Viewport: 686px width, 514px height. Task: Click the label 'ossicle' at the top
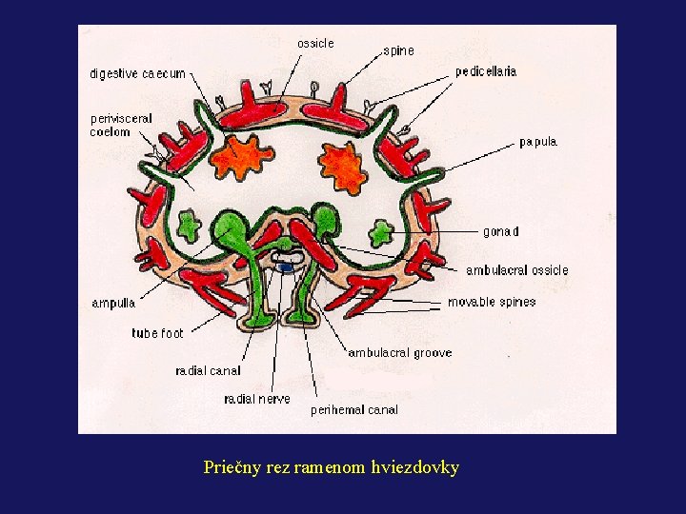pos(315,44)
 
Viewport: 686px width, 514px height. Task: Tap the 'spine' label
pos(398,50)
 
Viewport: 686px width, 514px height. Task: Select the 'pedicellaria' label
pos(486,72)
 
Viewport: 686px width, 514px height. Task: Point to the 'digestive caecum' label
pos(137,73)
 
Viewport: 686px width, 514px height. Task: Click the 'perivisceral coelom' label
pos(121,126)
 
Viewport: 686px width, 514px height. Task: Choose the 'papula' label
pos(538,143)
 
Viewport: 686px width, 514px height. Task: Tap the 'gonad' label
pos(501,231)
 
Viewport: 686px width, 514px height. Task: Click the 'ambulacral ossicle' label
pos(516,270)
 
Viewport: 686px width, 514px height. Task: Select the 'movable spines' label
pos(492,302)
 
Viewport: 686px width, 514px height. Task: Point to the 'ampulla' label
pos(113,304)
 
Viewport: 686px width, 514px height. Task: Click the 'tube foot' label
pos(157,334)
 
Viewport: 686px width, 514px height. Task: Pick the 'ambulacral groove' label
pos(400,353)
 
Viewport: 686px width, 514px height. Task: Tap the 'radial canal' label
pos(208,370)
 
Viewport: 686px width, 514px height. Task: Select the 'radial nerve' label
pos(257,399)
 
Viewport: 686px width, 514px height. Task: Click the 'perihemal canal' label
pos(354,410)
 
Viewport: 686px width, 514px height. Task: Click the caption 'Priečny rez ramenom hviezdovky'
pos(332,467)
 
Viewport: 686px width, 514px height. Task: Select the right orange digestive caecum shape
pos(342,166)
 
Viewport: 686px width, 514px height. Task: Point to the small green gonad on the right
pos(382,230)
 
